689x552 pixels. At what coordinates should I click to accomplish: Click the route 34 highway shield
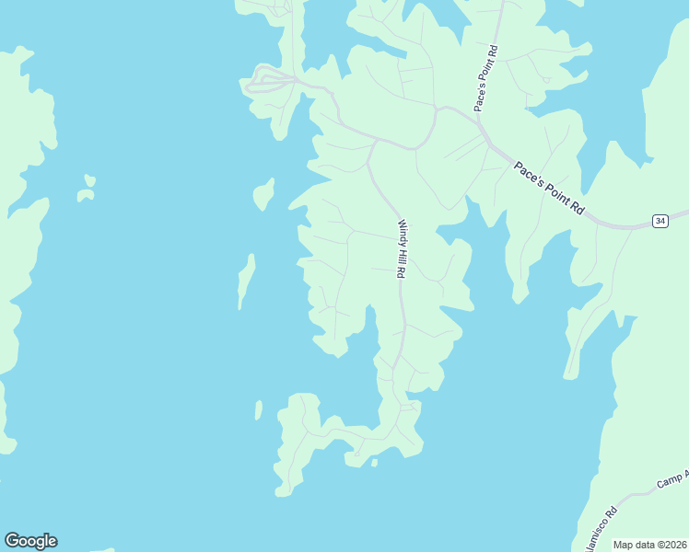point(660,221)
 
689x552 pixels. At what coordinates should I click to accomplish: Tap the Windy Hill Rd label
point(402,249)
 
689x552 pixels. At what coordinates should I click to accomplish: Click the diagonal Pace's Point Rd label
point(549,189)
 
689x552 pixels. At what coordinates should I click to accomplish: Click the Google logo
point(30,541)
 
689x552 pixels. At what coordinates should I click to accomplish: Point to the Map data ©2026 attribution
point(650,545)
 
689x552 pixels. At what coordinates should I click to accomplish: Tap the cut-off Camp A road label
point(674,479)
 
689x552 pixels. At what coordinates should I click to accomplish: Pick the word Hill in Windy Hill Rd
point(402,254)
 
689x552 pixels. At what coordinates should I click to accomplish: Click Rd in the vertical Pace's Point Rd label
point(494,51)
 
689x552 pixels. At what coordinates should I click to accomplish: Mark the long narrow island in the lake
point(245,281)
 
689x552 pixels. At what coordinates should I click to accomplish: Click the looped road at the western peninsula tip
point(267,81)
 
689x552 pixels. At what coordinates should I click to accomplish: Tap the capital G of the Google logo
point(13,541)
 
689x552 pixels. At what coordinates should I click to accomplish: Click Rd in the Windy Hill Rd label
point(402,271)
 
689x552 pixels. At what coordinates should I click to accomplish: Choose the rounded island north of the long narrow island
point(263,194)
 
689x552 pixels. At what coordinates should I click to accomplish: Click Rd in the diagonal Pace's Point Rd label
point(578,208)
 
